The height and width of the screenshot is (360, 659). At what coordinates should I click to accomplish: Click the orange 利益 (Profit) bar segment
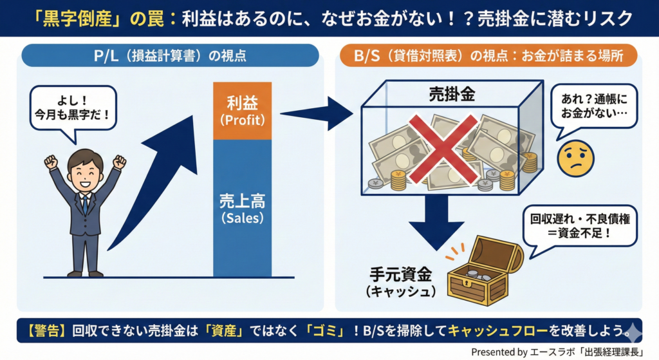[242, 110]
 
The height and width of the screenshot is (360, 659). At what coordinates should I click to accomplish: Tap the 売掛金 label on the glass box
[451, 94]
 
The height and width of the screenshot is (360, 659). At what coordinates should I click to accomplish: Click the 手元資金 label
[401, 275]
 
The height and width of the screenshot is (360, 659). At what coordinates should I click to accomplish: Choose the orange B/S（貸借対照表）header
[488, 55]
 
